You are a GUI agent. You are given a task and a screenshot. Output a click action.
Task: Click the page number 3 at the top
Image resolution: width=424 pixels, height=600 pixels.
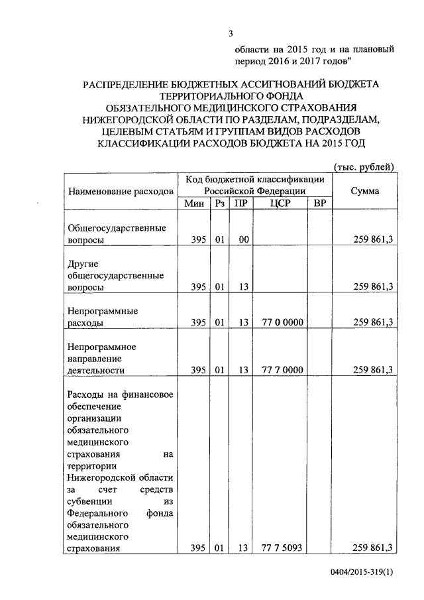pyautogui.click(x=231, y=34)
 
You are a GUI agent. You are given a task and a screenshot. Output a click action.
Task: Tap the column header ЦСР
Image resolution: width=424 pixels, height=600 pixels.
pyautogui.click(x=282, y=203)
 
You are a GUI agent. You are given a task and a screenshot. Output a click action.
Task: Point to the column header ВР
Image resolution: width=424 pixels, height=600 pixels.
pyautogui.click(x=319, y=203)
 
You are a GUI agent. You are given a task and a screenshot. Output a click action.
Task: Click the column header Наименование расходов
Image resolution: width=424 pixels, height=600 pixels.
pyautogui.click(x=121, y=190)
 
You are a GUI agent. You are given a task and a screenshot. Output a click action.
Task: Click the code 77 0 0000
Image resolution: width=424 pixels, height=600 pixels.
pyautogui.click(x=282, y=322)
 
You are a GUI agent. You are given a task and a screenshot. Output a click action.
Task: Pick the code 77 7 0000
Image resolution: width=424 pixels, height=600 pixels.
pyautogui.click(x=282, y=369)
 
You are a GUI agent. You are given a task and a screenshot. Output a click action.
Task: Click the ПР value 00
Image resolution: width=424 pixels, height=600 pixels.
pyautogui.click(x=242, y=239)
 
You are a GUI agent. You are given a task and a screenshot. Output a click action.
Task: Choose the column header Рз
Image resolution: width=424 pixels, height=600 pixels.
pyautogui.click(x=219, y=203)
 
